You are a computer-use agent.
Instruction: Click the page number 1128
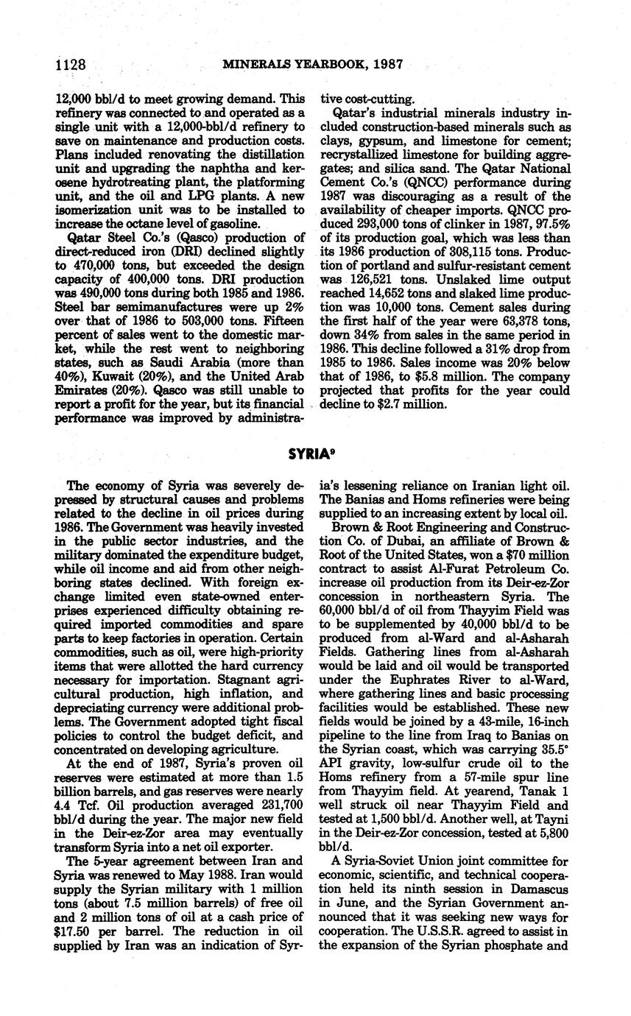[x=71, y=65]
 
